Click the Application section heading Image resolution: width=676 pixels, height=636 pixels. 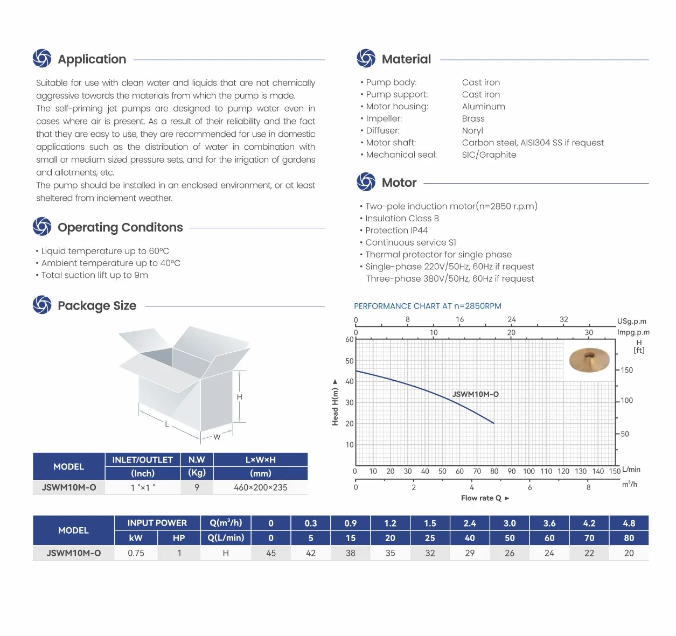[x=92, y=59]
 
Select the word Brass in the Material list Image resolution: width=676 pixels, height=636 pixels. [x=473, y=118]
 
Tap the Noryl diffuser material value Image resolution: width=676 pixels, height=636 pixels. [x=472, y=130]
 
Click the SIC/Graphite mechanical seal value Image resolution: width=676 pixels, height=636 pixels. [x=489, y=155]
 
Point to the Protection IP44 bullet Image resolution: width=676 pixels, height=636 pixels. [x=396, y=230]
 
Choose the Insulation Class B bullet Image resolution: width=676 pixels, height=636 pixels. [x=402, y=218]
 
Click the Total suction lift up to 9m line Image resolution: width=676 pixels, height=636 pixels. [x=94, y=275]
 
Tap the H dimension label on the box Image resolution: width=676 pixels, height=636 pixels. [x=240, y=397]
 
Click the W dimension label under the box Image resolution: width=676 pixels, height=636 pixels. [x=217, y=437]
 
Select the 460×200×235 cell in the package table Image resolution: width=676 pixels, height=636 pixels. [x=260, y=487]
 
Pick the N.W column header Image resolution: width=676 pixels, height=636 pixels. [x=197, y=460]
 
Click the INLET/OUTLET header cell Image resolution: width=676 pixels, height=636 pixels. [x=142, y=460]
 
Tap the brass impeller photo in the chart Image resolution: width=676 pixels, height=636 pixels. [x=589, y=360]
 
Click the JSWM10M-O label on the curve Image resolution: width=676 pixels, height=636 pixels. [x=475, y=394]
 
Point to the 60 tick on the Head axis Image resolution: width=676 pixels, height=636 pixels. [x=349, y=340]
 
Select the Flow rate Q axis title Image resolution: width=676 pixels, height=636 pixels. [x=482, y=498]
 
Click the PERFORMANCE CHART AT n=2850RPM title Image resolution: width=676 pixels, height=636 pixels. [x=427, y=306]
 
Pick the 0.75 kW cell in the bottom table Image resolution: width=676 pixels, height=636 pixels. [x=136, y=553]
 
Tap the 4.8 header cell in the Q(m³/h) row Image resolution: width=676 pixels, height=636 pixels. [x=629, y=523]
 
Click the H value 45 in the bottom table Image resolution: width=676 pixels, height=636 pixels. [x=271, y=553]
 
